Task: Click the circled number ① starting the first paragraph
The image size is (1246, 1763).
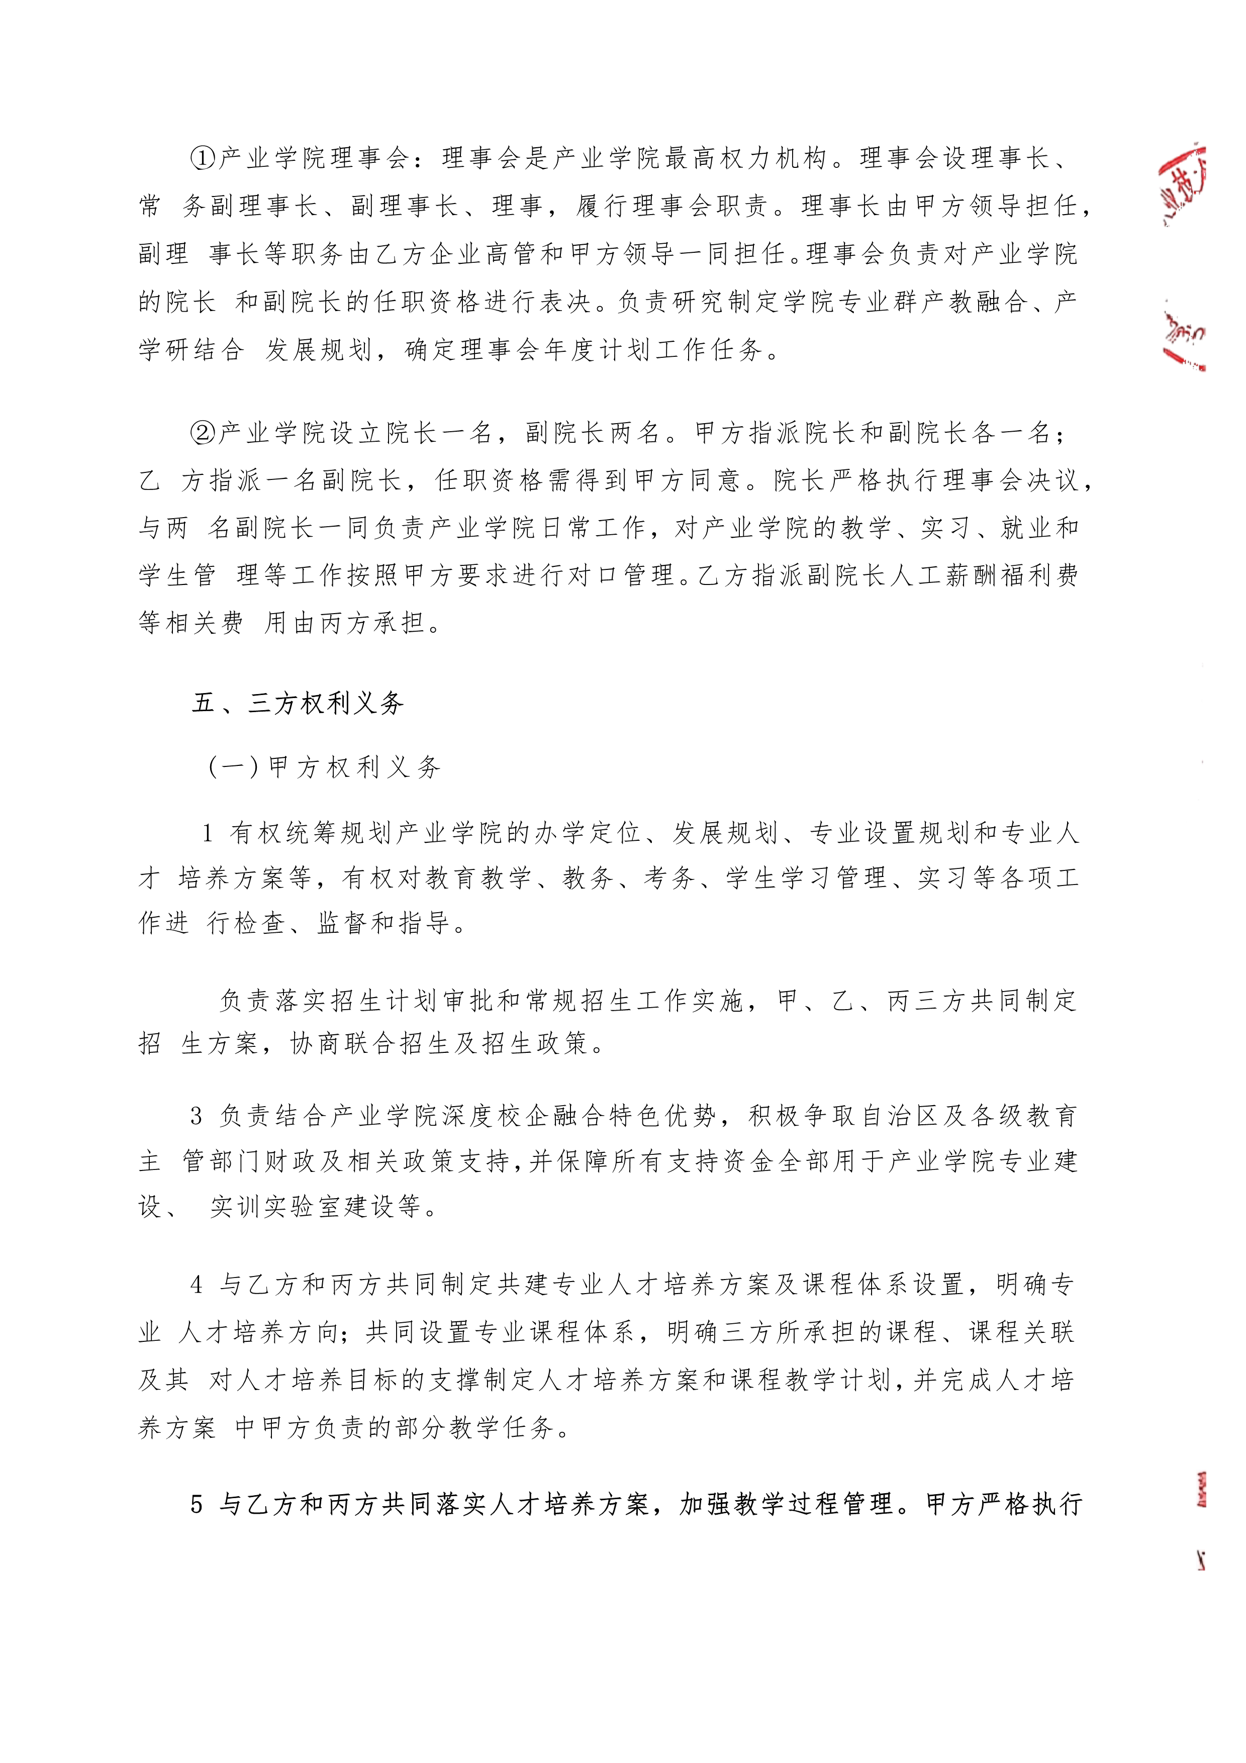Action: (x=203, y=158)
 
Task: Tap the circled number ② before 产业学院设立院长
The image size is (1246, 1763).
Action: (x=203, y=434)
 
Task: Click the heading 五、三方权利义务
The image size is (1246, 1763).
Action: (x=298, y=703)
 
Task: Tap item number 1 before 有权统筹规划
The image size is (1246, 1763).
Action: (x=207, y=833)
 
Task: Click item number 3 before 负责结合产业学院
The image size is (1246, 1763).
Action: (x=197, y=1117)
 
